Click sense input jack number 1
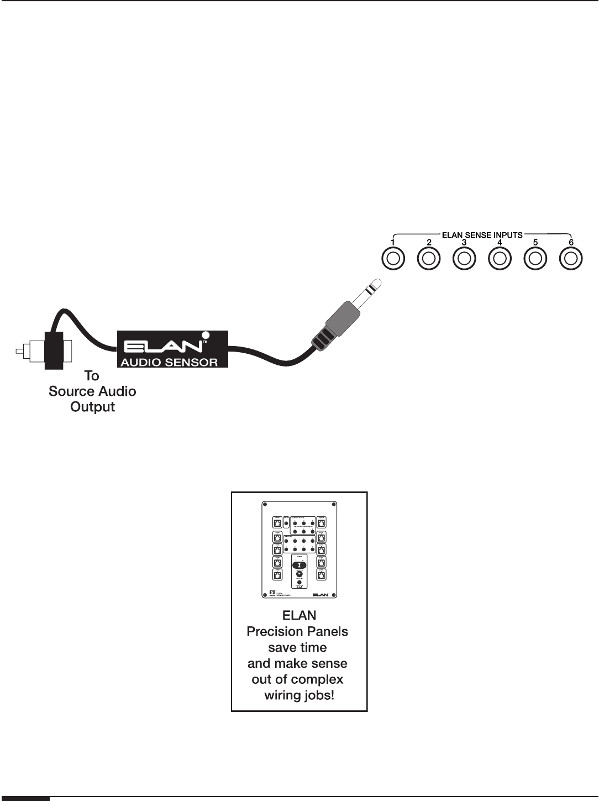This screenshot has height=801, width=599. (x=393, y=259)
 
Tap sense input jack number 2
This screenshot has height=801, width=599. (x=428, y=259)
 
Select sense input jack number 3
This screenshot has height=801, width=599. (x=464, y=259)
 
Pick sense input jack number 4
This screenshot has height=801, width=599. (x=500, y=259)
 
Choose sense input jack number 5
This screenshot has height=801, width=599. (x=535, y=259)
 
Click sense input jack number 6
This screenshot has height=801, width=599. (x=571, y=259)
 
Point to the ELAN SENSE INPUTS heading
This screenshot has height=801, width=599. (x=482, y=235)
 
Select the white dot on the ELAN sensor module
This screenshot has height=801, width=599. (x=206, y=334)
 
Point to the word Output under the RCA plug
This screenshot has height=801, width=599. (x=92, y=407)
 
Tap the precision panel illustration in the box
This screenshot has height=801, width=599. (x=298, y=550)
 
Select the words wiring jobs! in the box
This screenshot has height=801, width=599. (x=299, y=694)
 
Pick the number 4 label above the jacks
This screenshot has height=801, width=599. (x=500, y=242)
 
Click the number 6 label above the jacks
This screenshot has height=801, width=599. (x=571, y=242)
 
